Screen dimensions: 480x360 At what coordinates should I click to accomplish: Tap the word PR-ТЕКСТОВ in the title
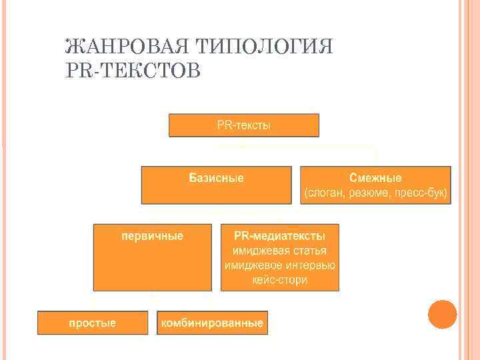(133, 70)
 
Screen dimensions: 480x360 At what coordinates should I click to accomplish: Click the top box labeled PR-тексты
(244, 125)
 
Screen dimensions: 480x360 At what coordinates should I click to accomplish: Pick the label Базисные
(216, 178)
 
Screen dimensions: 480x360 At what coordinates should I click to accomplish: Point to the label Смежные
(375, 178)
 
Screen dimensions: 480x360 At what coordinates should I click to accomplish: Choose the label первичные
(152, 236)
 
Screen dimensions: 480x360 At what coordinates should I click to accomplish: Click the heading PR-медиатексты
(280, 236)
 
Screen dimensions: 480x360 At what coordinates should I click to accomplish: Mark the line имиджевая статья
(280, 251)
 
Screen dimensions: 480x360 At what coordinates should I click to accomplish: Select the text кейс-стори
(280, 280)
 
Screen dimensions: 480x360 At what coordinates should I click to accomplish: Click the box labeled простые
(93, 323)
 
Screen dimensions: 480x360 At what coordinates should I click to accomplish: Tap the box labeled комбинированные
(212, 323)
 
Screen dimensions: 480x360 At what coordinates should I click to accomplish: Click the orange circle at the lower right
(442, 314)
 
